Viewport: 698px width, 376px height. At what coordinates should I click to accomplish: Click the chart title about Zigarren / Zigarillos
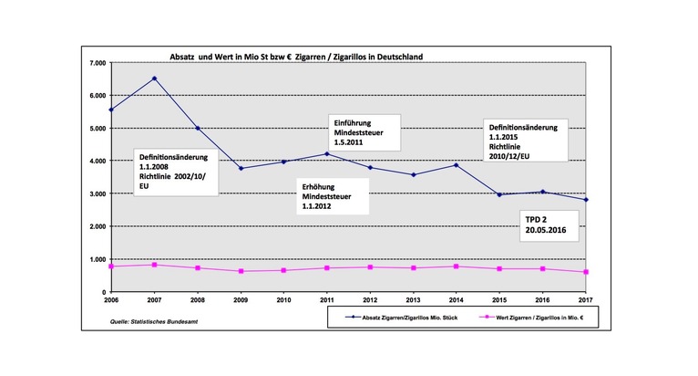click(x=291, y=57)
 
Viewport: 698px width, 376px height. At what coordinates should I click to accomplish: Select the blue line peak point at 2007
click(x=154, y=78)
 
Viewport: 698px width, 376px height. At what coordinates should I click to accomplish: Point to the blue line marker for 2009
click(x=241, y=168)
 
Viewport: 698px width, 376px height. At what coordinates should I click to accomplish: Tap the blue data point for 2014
click(x=457, y=165)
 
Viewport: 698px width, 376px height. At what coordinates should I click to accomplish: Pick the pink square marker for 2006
click(x=111, y=266)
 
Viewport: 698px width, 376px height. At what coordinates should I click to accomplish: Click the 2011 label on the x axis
click(x=326, y=299)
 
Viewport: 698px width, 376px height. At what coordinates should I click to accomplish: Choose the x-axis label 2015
click(x=499, y=299)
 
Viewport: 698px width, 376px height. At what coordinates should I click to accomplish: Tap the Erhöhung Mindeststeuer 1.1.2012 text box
click(x=334, y=194)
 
